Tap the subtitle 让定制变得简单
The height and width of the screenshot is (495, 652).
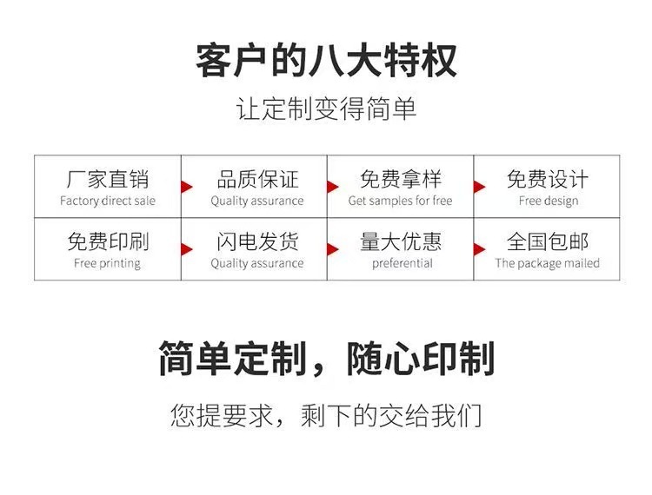[326, 110]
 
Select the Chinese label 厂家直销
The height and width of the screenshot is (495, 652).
[108, 180]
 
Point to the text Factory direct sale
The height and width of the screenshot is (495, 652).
[108, 201]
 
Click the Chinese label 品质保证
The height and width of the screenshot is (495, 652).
[257, 180]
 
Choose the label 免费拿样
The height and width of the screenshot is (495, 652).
[401, 180]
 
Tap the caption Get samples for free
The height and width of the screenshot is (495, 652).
[401, 201]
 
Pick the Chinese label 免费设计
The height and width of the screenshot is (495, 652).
[548, 180]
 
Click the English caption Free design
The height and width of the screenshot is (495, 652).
[548, 201]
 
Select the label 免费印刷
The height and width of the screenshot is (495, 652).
[108, 241]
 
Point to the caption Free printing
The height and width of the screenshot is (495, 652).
[107, 263]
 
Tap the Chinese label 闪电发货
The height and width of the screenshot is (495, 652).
[257, 241]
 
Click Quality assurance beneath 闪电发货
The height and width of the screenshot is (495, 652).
[257, 263]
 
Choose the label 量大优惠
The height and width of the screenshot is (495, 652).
[401, 241]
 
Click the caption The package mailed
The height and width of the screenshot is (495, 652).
[548, 263]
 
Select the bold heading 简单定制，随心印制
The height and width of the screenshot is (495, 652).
[326, 359]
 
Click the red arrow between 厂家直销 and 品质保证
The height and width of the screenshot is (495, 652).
[185, 186]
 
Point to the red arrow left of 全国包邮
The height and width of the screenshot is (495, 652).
[478, 248]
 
